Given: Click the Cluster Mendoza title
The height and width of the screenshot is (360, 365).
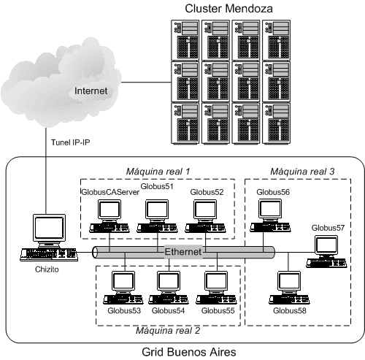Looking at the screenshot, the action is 228,9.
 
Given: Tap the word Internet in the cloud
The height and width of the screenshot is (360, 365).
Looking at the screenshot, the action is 91,91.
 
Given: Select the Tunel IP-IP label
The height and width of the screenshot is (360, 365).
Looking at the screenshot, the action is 70,142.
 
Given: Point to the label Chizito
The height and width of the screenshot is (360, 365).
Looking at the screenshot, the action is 47,269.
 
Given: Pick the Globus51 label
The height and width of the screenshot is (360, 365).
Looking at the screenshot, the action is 157,186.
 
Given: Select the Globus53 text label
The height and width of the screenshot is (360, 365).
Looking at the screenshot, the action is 124,310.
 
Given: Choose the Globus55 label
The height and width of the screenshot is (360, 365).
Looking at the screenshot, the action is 218,310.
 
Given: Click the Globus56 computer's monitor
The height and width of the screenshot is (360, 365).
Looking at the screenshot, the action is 270,210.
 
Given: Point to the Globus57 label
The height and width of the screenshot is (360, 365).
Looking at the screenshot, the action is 328,228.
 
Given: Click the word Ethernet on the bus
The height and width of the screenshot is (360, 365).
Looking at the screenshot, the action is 183,252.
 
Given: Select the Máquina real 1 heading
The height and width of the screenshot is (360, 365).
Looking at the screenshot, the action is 158,172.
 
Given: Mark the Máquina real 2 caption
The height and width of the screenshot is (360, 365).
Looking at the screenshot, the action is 168,331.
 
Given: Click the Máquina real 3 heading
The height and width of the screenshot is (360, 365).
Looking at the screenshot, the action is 302,172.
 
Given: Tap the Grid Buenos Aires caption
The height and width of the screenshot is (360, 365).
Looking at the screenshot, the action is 189,352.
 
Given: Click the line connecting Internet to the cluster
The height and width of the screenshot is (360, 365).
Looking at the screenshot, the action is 146,83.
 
